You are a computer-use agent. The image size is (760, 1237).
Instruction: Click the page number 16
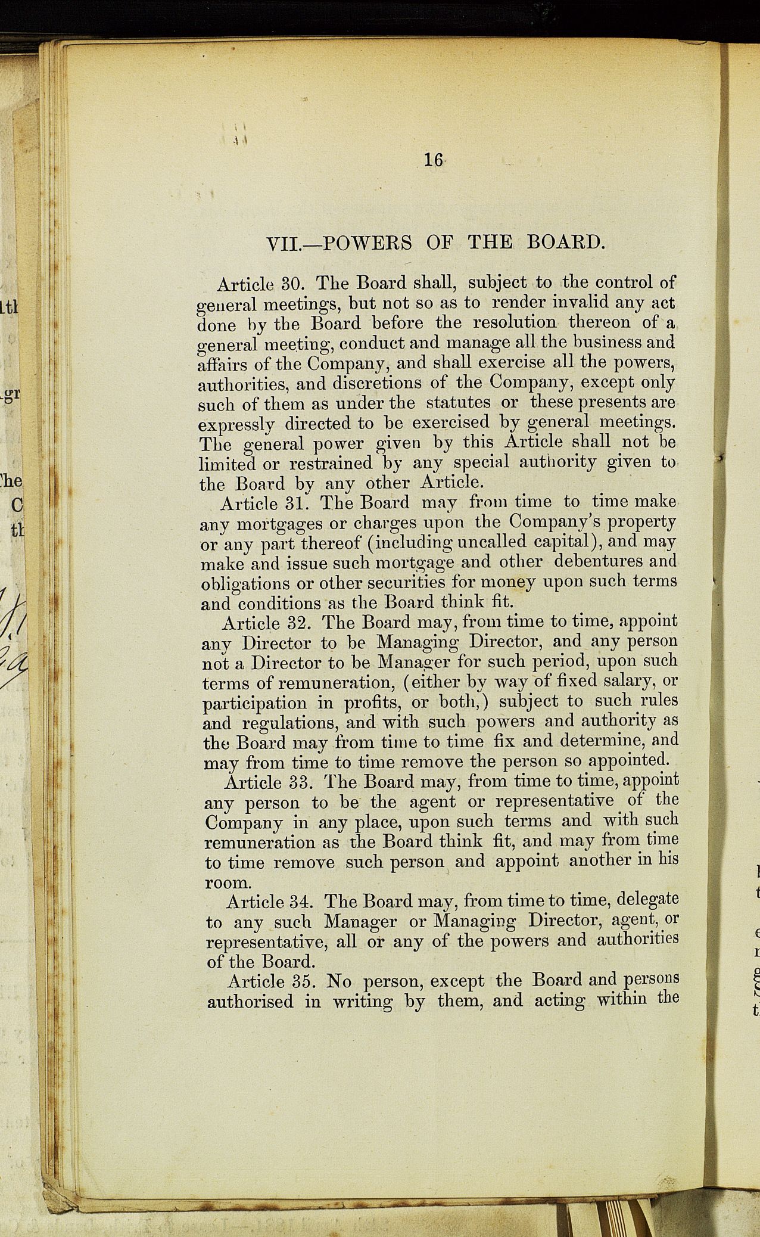tap(432, 160)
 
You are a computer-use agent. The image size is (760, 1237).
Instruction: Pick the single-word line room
tap(226, 882)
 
